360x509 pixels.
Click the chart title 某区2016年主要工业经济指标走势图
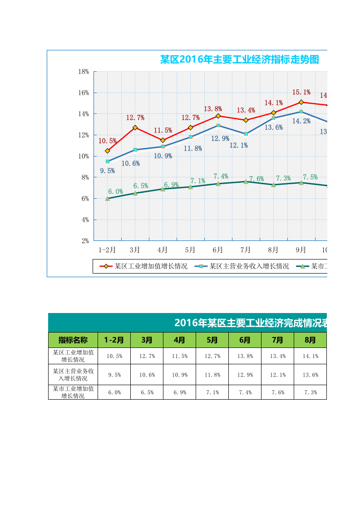(x=239, y=59)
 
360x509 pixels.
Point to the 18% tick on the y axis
(x=84, y=72)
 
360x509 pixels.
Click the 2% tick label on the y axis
(x=85, y=241)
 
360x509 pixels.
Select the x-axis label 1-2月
(x=107, y=250)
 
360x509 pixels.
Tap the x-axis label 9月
(x=301, y=250)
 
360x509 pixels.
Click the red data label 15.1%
(x=301, y=93)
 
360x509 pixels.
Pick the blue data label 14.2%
(x=301, y=121)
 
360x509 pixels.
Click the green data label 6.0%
(x=115, y=191)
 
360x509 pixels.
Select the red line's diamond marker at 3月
(x=135, y=127)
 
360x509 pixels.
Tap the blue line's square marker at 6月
(x=218, y=125)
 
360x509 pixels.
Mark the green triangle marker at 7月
(x=246, y=181)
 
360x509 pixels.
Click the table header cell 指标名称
(x=73, y=340)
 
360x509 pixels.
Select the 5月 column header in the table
(x=212, y=340)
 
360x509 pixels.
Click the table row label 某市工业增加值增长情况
(x=73, y=392)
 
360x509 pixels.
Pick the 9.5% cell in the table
(x=114, y=375)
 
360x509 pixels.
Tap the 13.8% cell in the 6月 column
(x=245, y=356)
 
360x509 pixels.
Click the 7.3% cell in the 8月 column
(x=310, y=392)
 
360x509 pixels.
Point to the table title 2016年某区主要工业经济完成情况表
(x=251, y=323)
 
